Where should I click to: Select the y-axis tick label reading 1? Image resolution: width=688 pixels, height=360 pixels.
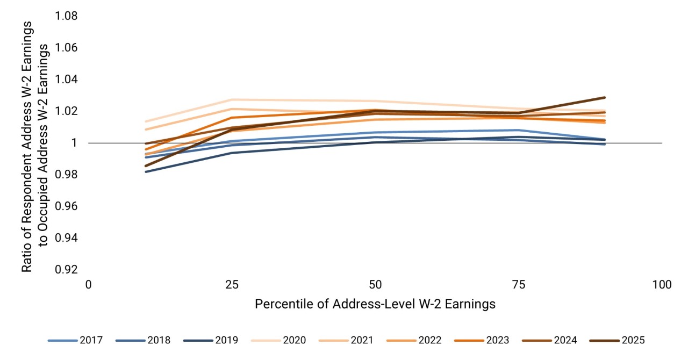[75, 143]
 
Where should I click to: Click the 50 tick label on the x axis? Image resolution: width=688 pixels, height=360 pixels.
[375, 285]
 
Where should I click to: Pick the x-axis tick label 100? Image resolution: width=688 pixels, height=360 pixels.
[661, 285]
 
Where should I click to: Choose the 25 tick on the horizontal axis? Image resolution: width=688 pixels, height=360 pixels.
[232, 285]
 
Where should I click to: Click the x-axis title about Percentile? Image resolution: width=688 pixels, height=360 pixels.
[375, 304]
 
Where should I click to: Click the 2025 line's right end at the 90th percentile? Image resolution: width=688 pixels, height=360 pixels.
[605, 98]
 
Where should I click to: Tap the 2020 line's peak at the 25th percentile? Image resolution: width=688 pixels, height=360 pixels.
[232, 99]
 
